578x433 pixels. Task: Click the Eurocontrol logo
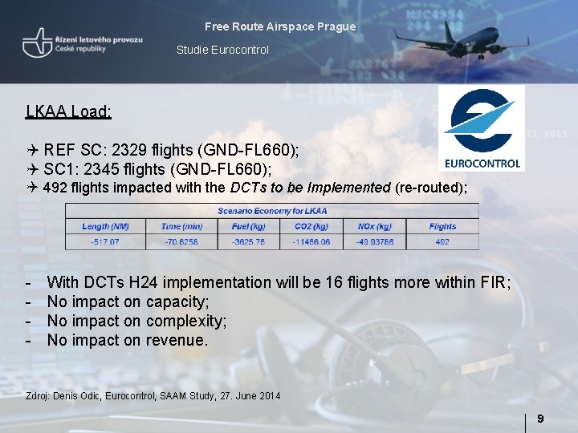[x=482, y=128]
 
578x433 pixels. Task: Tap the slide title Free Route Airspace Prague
[x=280, y=26]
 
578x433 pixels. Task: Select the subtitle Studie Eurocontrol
[x=222, y=50]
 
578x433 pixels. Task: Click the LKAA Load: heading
[x=68, y=111]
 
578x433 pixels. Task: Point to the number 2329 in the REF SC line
[x=129, y=150]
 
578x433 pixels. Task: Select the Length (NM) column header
[x=105, y=226]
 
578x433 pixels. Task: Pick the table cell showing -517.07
[x=105, y=241]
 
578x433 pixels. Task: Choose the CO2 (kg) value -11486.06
[x=311, y=241]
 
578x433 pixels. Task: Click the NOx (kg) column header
[x=374, y=226]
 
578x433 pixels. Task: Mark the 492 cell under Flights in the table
[x=442, y=241]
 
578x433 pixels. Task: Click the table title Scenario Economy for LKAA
[x=272, y=211]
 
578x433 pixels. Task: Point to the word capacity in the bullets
[x=177, y=302]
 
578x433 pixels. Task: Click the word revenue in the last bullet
[x=177, y=341]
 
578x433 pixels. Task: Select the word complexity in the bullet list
[x=186, y=322]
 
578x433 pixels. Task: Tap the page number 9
[x=540, y=419]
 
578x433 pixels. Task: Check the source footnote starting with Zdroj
[x=153, y=396]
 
